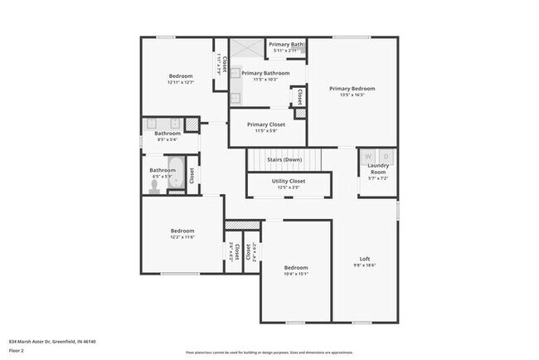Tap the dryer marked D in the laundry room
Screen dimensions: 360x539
click(385, 156)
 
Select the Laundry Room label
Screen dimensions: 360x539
click(377, 169)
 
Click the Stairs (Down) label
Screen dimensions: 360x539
click(284, 159)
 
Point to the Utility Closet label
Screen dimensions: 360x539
click(289, 181)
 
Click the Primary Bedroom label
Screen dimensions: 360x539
click(352, 89)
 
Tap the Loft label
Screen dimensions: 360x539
click(364, 258)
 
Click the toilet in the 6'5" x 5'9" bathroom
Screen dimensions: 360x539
click(153, 188)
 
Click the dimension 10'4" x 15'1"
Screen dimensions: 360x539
click(296, 274)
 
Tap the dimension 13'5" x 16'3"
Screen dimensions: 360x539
click(352, 95)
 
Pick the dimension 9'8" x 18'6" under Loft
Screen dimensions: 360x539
click(364, 265)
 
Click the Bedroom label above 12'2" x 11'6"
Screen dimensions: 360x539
click(182, 231)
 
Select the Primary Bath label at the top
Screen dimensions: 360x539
click(287, 44)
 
